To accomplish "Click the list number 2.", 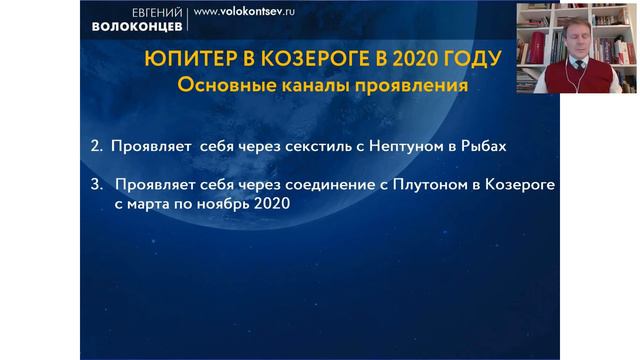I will coord(96,146).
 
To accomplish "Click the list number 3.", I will coord(96,186).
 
